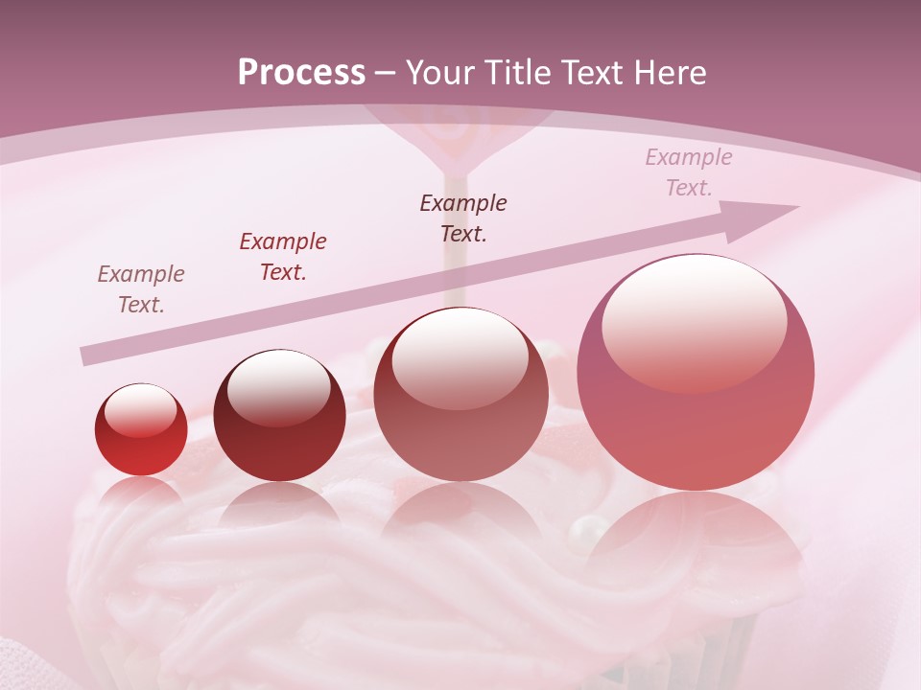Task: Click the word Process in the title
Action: pyautogui.click(x=301, y=73)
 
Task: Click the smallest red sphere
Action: pyautogui.click(x=141, y=430)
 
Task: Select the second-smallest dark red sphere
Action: pyautogui.click(x=279, y=416)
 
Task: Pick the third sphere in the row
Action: pyautogui.click(x=460, y=394)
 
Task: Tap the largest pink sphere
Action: pyautogui.click(x=696, y=373)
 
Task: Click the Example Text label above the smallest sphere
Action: pyautogui.click(x=141, y=289)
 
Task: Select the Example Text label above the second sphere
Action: pyautogui.click(x=283, y=257)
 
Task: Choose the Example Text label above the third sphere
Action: pyautogui.click(x=463, y=218)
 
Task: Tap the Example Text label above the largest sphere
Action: pyautogui.click(x=689, y=172)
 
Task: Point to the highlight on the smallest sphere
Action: pyautogui.click(x=141, y=410)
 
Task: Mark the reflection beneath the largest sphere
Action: pyautogui.click(x=695, y=537)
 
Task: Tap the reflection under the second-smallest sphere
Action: pyautogui.click(x=278, y=508)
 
